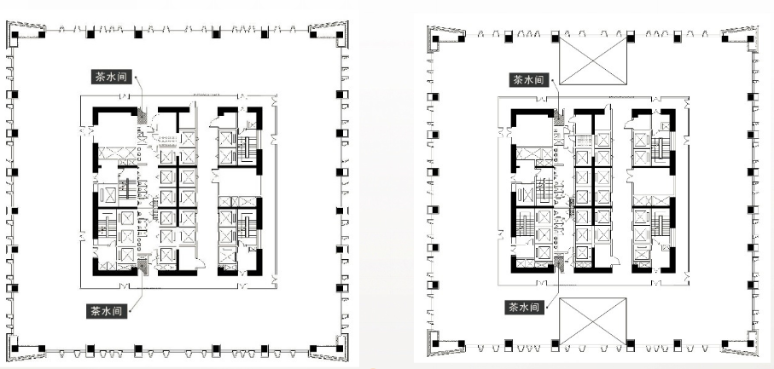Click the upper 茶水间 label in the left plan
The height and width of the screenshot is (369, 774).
[x=113, y=78]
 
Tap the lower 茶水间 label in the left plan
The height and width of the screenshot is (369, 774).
[x=107, y=311]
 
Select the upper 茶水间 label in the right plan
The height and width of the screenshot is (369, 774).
[x=530, y=80]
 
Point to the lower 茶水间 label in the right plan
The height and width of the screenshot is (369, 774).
[x=525, y=308]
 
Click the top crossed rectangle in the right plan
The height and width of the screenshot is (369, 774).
[x=593, y=61]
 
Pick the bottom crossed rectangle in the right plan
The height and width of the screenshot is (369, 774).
[x=593, y=321]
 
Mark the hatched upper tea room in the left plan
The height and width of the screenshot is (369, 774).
[x=143, y=117]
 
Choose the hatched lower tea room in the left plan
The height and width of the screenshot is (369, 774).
[x=143, y=266]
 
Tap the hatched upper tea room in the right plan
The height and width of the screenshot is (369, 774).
[x=559, y=118]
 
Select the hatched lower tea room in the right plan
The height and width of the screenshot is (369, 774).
[x=559, y=262]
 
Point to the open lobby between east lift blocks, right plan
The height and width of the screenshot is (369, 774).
[x=653, y=182]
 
